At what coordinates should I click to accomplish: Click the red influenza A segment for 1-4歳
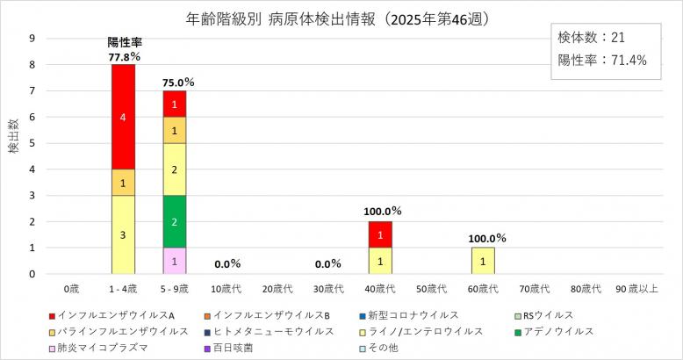coord(123,117)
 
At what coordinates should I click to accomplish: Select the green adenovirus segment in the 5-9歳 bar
coord(175,221)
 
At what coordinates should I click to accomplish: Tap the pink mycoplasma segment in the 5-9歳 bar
coord(175,261)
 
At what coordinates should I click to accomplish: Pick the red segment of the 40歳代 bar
coord(381,234)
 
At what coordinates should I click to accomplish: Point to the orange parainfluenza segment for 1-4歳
coord(123,183)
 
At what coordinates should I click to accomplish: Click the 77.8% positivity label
coord(124,56)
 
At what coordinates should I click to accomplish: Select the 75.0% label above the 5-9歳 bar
coord(178,83)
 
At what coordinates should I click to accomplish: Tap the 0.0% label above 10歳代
coord(226,263)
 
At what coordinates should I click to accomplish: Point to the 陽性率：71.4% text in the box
coord(602,61)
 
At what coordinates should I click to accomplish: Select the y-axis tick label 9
coord(32,39)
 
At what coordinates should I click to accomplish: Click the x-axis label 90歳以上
coord(636,288)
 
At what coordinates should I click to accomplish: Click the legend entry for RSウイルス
coord(545,315)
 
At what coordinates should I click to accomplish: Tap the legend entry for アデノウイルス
coord(557,331)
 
